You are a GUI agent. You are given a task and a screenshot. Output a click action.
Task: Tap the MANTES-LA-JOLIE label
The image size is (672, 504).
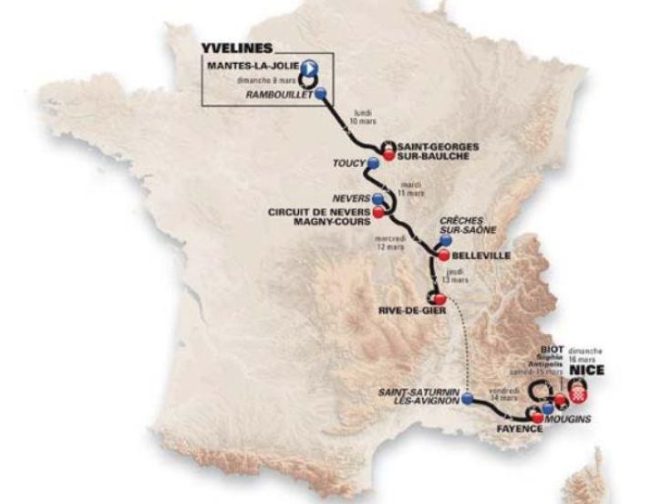pyautogui.click(x=254, y=67)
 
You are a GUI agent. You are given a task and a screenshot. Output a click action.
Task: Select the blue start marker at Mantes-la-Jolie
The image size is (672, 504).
pyautogui.click(x=311, y=67)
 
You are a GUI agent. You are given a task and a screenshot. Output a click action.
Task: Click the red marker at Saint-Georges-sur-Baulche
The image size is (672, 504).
pyautogui.click(x=388, y=154)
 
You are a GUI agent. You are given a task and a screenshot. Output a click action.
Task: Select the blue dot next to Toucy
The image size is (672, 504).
pyautogui.click(x=372, y=163)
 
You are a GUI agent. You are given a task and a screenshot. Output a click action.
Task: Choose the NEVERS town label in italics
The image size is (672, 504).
pyautogui.click(x=349, y=198)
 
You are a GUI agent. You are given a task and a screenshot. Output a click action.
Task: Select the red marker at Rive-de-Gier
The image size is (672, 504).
pyautogui.click(x=439, y=299)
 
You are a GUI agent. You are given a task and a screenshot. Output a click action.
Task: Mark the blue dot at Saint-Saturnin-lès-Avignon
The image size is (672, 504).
pyautogui.click(x=468, y=398)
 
